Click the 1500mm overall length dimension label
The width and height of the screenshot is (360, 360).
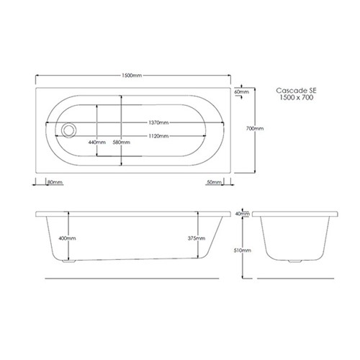132,76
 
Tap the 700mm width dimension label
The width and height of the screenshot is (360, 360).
255,128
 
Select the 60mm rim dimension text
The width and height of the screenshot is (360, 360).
242,91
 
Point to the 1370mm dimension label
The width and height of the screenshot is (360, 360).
158,122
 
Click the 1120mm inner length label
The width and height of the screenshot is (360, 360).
158,136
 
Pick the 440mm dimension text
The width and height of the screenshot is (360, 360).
97,143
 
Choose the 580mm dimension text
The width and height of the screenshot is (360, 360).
122,143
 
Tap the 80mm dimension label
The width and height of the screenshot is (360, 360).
55,182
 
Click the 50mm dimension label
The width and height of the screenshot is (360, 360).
214,182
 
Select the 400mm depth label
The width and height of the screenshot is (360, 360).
67,238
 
